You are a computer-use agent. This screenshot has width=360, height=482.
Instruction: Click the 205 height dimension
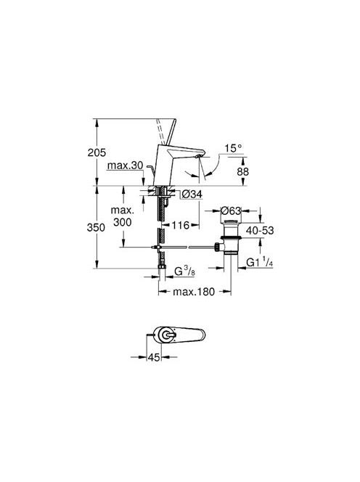coord(97,152)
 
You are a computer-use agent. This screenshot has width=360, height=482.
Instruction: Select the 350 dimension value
coord(96,227)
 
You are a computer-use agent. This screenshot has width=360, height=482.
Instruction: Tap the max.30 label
coord(125,166)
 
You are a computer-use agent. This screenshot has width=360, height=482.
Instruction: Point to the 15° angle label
coord(233,148)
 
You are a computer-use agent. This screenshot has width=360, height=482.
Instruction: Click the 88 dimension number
coord(242,171)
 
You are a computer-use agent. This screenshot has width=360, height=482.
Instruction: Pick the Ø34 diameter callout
coord(192,194)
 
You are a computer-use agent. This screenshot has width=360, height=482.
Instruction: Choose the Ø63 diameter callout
coord(231,211)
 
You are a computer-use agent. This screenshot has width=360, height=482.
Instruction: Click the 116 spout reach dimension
coord(181,225)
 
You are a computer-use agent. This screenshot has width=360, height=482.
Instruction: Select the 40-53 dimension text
coord(260,230)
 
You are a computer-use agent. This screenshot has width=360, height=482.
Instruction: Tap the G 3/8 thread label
coord(184,271)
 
